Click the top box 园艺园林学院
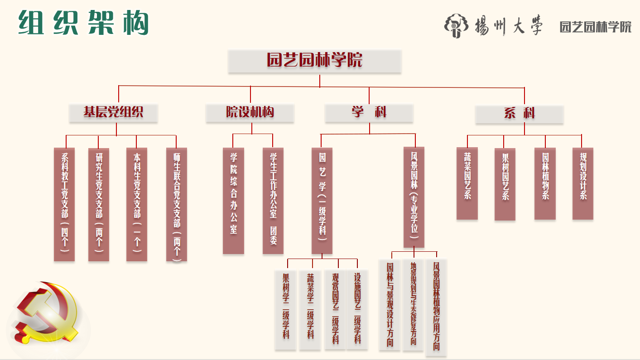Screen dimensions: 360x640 click(315, 61)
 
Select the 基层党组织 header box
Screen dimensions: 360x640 click(113, 113)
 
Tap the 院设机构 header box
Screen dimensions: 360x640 click(250, 113)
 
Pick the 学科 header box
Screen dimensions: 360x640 click(369, 113)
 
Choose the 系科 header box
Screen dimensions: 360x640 click(519, 114)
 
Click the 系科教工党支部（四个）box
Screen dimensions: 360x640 click(64, 204)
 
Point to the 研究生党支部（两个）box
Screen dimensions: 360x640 click(99, 204)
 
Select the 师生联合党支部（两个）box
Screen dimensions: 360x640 click(177, 204)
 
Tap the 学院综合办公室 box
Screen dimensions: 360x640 click(234, 200)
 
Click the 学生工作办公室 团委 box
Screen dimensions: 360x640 click(273, 200)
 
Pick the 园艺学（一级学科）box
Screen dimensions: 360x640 click(322, 200)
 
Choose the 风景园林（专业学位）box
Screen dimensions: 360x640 click(414, 197)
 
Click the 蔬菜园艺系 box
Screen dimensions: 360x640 click(467, 183)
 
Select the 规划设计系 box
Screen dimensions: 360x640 click(583, 183)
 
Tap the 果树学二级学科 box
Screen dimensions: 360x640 click(286, 310)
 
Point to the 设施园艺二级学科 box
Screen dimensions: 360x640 click(357, 310)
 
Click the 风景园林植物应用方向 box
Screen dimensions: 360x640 click(436, 307)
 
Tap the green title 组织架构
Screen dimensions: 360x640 click(84, 23)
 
